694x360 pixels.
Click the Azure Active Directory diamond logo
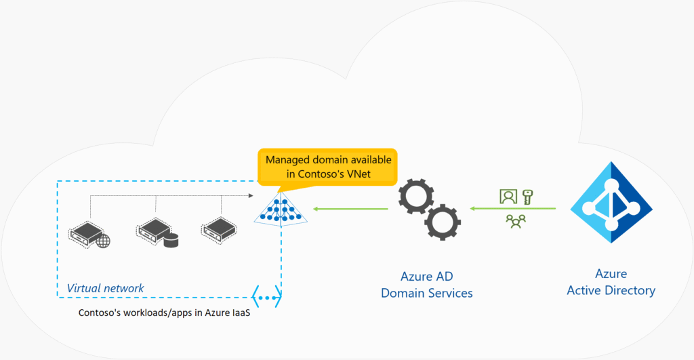tap(611, 202)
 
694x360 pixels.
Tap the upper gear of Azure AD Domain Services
tap(416, 196)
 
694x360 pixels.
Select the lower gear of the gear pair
tap(443, 222)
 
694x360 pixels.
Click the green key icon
tap(527, 197)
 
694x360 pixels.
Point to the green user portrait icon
tap(508, 196)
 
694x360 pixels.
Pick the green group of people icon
tap(516, 221)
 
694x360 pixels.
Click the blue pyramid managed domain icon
tap(281, 209)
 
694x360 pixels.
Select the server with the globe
tap(89, 235)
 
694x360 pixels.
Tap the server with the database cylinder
tap(157, 233)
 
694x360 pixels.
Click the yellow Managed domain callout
tap(327, 167)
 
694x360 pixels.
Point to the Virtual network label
tap(105, 288)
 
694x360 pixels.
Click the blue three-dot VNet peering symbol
tap(266, 297)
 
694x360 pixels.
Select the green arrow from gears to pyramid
tap(350, 209)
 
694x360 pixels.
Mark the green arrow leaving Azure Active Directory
tap(512, 208)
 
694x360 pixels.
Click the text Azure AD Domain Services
tap(427, 285)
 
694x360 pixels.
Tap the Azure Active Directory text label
tap(611, 282)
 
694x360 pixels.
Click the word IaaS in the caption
tap(241, 313)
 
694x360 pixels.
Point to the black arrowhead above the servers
tap(251, 195)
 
